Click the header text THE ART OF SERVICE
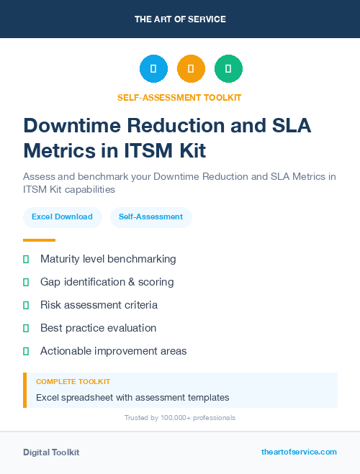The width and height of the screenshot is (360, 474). pos(180,19)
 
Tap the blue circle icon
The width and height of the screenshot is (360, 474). pos(153,69)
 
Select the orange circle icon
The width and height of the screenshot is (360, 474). pos(191,69)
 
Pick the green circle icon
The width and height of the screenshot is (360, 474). pos(228,69)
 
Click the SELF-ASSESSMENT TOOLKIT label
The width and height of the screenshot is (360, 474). pos(180,98)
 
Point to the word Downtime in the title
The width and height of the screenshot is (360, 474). pos(63,125)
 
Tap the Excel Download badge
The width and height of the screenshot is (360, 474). pos(62,217)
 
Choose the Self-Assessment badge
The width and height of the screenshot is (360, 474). pos(150,217)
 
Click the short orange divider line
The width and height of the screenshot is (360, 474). pos(39,240)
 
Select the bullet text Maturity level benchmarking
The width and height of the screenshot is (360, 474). pos(108,259)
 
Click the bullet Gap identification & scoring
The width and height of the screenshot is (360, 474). pos(107,282)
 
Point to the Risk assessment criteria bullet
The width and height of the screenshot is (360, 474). pos(99,305)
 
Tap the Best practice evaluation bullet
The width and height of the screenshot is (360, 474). pos(98,328)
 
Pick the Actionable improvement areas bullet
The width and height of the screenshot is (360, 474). pos(113,351)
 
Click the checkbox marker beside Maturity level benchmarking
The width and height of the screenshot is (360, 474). pos(26,259)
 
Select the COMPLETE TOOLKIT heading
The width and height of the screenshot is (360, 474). pos(73,382)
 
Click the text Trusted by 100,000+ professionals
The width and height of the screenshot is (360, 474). pos(180,418)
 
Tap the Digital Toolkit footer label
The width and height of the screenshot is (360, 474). pos(51,452)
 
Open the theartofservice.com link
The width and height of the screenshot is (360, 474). pos(299,452)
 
